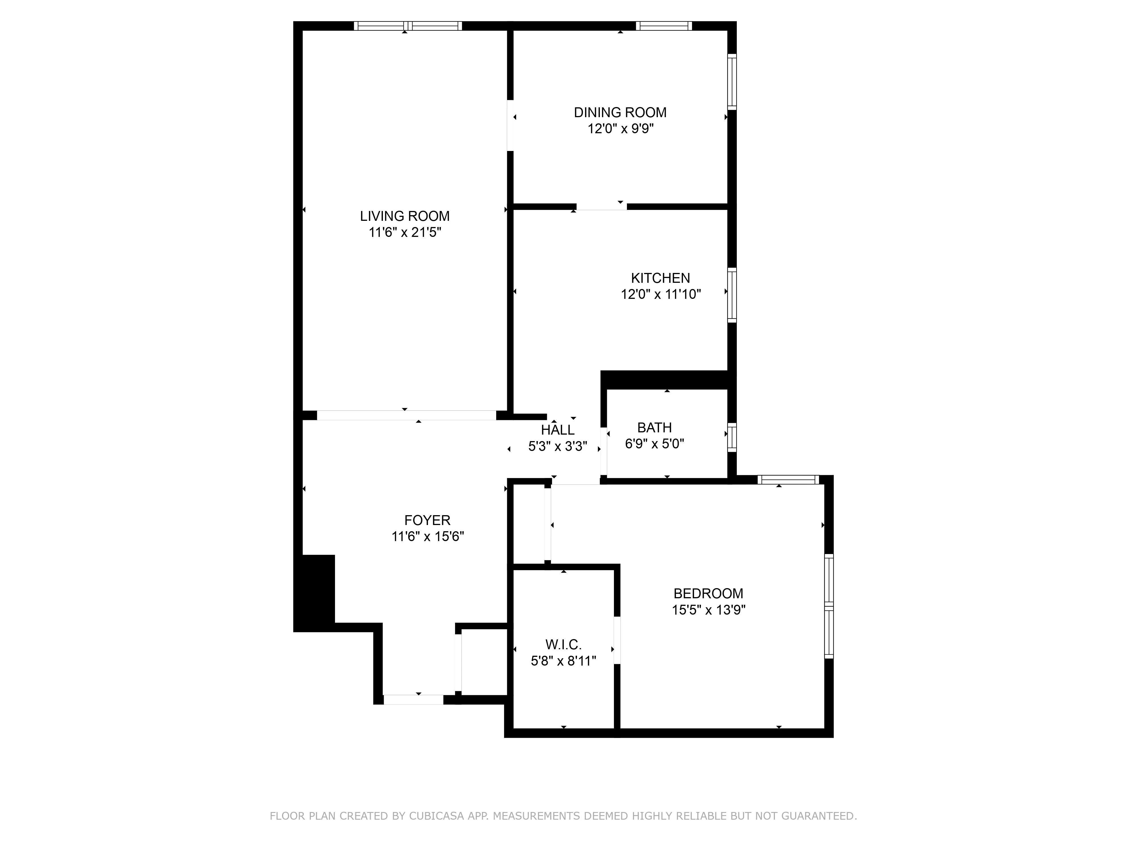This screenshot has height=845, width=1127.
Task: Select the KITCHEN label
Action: tap(660, 278)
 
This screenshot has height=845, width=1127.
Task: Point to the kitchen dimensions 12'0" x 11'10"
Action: tap(660, 294)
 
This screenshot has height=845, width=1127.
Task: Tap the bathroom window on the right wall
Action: tap(732, 437)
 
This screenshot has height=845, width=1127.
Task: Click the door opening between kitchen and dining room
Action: tap(601, 206)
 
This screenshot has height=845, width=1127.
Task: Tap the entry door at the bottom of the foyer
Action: tap(413, 699)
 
